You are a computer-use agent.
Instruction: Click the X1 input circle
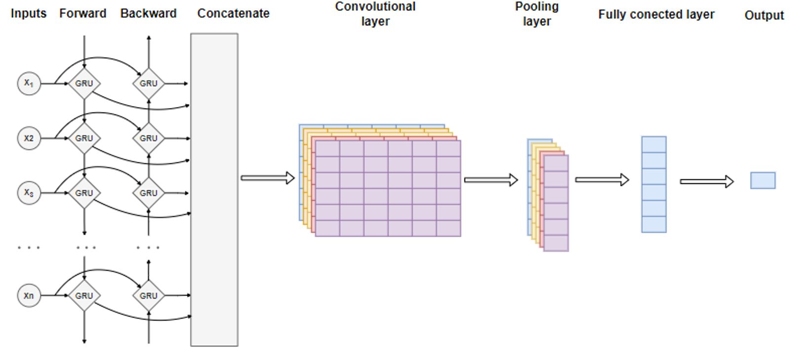29,83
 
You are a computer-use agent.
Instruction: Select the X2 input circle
29,138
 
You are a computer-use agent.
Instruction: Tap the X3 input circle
29,193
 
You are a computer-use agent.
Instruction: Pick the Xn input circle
29,295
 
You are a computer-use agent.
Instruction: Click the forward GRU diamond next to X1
84,83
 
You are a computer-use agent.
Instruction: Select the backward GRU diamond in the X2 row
148,138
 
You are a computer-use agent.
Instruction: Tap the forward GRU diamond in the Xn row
84,295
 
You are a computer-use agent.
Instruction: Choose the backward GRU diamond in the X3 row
148,193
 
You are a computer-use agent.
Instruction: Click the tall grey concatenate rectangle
214,190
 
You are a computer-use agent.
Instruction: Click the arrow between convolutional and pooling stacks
491,180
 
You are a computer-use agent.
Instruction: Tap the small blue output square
763,180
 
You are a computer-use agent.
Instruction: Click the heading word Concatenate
233,13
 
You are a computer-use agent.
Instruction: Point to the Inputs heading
29,13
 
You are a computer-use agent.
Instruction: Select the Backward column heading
148,13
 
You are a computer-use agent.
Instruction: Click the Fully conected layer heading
656,15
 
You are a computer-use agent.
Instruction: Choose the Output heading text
764,15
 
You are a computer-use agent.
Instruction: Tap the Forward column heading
83,13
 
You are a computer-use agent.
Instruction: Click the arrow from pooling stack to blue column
602,180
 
